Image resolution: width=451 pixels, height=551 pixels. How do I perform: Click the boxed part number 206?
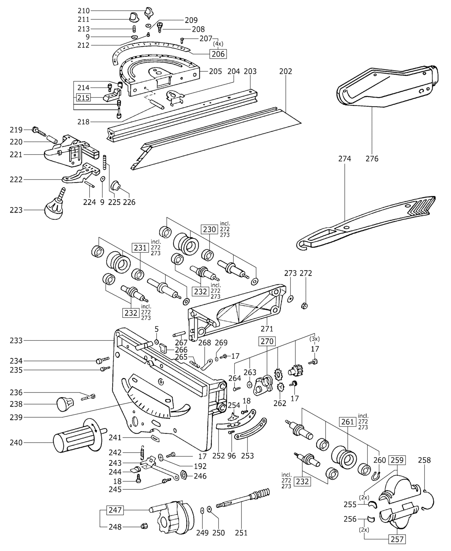(218, 54)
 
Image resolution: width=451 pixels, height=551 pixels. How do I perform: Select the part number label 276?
(372, 159)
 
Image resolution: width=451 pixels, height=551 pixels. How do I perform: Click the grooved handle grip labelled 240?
(78, 442)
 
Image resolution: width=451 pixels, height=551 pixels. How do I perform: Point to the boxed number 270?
(267, 341)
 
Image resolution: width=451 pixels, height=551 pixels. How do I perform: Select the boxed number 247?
(115, 510)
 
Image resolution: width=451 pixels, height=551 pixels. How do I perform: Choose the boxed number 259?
(397, 460)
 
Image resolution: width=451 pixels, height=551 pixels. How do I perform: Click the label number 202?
(285, 71)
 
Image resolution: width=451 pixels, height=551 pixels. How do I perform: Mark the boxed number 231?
(140, 248)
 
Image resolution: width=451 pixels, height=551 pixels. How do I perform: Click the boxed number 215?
(83, 98)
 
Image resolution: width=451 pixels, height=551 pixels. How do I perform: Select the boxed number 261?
(347, 422)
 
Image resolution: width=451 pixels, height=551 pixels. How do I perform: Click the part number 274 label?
(344, 159)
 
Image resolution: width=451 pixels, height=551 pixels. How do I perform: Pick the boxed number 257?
(397, 539)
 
